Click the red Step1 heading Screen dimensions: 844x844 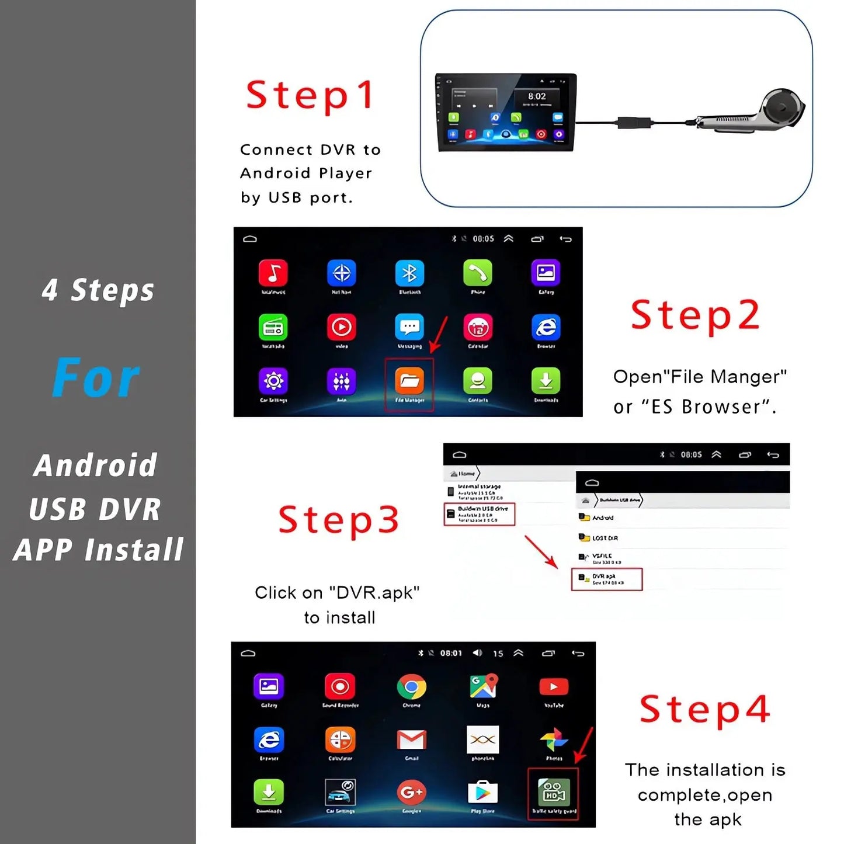(x=310, y=95)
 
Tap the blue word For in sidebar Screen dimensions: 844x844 (x=96, y=378)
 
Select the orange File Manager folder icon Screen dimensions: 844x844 (x=409, y=381)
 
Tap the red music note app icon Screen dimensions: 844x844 (x=273, y=273)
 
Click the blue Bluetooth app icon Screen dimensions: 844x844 (x=409, y=273)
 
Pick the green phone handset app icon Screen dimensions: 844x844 (x=478, y=273)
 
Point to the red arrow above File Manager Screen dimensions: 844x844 (x=439, y=335)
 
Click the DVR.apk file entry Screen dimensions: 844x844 (x=606, y=579)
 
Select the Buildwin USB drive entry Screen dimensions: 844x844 (x=479, y=514)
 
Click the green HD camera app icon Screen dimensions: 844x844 (x=553, y=793)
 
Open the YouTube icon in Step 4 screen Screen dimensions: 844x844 (x=554, y=687)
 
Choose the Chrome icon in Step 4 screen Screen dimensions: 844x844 (x=412, y=687)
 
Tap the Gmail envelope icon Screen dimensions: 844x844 (x=412, y=739)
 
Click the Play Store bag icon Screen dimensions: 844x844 (x=482, y=793)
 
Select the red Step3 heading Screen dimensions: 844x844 (x=339, y=520)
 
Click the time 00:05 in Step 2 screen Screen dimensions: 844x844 (x=483, y=239)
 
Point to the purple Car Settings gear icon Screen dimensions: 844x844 (x=273, y=381)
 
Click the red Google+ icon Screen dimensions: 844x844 (x=412, y=793)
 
